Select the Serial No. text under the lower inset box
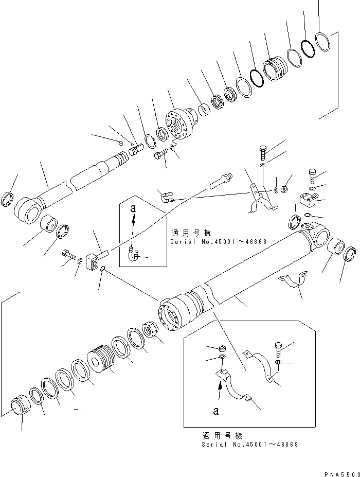pyautogui.click(x=249, y=444)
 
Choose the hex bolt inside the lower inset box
pyautogui.click(x=278, y=348)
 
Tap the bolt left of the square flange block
pyautogui.click(x=68, y=254)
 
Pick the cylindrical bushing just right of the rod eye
pyautogui.click(x=50, y=225)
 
